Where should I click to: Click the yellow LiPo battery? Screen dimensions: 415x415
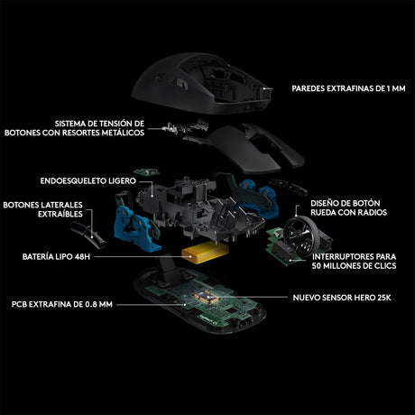pyautogui.click(x=205, y=253)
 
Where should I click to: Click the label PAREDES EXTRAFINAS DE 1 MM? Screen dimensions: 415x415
pyautogui.click(x=348, y=88)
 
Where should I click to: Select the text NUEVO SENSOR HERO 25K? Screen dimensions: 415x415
pyautogui.click(x=342, y=298)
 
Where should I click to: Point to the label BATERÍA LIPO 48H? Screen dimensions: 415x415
pyautogui.click(x=56, y=257)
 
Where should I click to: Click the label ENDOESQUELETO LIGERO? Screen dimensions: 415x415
pyautogui.click(x=88, y=180)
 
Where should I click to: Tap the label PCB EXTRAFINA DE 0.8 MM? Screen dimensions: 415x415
pyautogui.click(x=62, y=304)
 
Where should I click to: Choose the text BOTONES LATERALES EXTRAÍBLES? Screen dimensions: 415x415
pyautogui.click(x=42, y=209)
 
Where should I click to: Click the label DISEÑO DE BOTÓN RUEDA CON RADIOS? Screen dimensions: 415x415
pyautogui.click(x=348, y=207)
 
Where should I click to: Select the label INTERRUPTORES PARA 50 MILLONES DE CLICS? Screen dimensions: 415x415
pyautogui.click(x=354, y=261)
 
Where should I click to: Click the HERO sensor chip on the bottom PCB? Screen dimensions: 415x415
pyautogui.click(x=206, y=297)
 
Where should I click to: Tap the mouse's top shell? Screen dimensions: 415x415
pyautogui.click(x=202, y=83)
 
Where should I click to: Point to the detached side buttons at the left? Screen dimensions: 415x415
pyautogui.click(x=88, y=234)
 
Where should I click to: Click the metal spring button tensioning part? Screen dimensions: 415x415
pyautogui.click(x=185, y=127)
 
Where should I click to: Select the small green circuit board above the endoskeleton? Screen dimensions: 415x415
pyautogui.click(x=146, y=172)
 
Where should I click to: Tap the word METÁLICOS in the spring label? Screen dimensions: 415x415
pyautogui.click(x=123, y=133)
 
